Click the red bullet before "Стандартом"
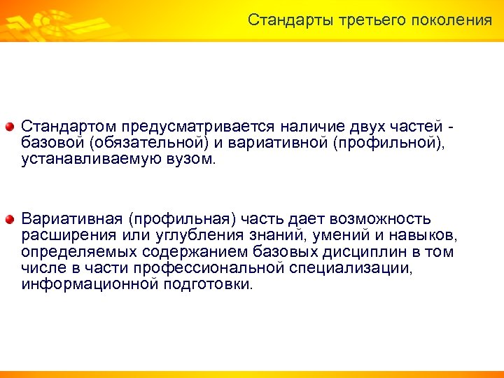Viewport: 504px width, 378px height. tap(10, 127)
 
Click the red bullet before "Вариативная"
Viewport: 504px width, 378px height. tap(10, 220)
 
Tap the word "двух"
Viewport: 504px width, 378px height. tap(368, 127)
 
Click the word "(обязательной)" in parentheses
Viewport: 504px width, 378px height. tap(150, 143)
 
